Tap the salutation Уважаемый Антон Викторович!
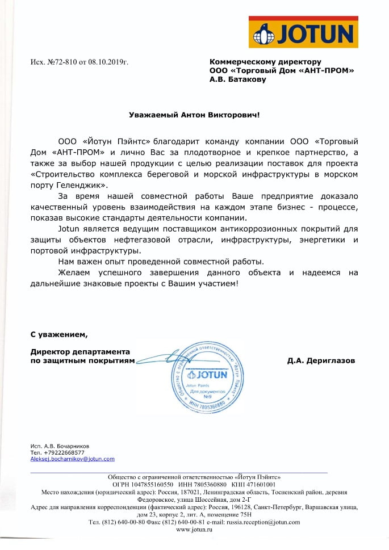[x=195, y=115]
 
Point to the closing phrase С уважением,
[x=59, y=333]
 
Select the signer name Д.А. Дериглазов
[x=321, y=360]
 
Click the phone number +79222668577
[x=65, y=452]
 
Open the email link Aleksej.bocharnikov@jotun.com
[x=72, y=459]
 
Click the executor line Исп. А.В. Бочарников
[x=60, y=446]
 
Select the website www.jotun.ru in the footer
[x=194, y=529]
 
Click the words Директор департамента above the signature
[x=80, y=351]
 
